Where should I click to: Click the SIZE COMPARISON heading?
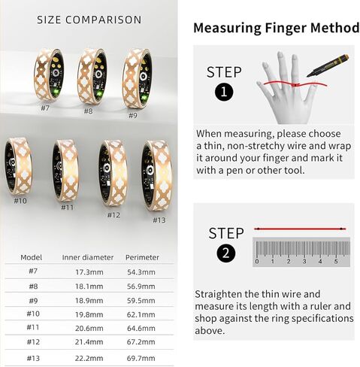89,20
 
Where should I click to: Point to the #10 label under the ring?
20,201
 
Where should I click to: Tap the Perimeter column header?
142,256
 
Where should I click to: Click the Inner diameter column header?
84,256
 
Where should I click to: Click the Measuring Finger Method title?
276,29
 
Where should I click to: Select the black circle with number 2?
225,253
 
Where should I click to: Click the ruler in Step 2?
301,251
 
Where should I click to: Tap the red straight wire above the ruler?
300,228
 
